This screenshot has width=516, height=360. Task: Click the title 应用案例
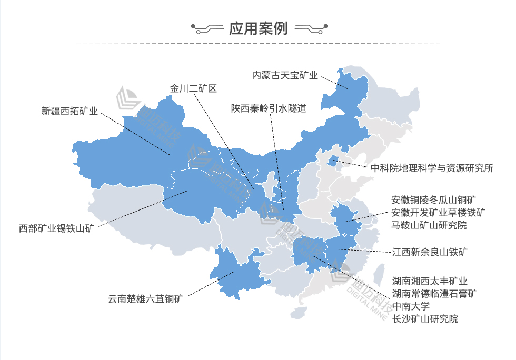258,28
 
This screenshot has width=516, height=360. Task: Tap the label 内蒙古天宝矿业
285,76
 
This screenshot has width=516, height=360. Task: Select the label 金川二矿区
193,88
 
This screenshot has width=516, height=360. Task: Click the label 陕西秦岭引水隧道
269,108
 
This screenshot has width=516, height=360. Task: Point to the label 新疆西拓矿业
70,111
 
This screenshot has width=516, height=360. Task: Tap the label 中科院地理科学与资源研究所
432,168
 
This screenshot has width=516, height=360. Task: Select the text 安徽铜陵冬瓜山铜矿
434,200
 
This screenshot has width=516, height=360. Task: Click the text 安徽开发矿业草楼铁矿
438,213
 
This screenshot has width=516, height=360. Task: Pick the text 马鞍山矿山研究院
429,225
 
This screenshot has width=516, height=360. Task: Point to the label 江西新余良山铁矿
430,252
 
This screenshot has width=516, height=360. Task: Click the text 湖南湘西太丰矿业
430,281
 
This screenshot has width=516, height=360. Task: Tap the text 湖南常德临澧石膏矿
434,294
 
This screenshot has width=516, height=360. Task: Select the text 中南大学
411,306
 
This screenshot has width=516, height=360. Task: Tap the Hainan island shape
299,313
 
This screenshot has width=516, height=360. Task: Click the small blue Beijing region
333,161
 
